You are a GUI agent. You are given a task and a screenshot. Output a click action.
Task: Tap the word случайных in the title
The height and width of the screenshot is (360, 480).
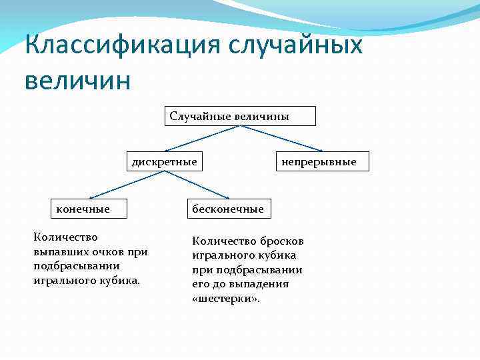click(296, 46)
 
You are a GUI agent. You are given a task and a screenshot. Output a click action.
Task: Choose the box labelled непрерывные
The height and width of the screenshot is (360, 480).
click(322, 161)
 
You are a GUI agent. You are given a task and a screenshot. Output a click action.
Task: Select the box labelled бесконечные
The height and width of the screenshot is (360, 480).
click(227, 209)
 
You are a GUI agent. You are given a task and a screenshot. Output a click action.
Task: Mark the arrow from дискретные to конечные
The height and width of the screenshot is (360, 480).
click(127, 185)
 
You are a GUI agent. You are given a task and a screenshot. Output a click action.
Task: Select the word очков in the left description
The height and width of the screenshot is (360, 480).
click(105, 251)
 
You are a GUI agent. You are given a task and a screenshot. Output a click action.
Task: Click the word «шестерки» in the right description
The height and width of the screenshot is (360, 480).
click(227, 299)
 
